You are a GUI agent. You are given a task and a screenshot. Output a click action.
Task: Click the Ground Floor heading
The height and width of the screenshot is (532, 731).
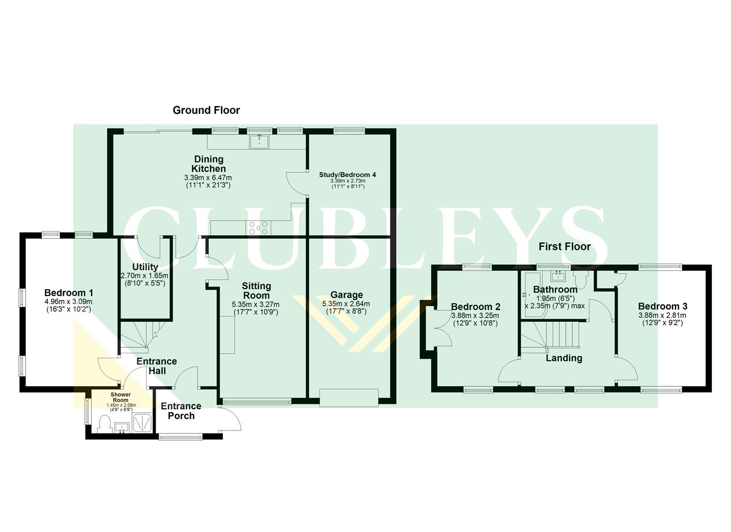[x=206, y=110]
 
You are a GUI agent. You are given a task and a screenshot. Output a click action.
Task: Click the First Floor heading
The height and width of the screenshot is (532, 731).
[x=564, y=246]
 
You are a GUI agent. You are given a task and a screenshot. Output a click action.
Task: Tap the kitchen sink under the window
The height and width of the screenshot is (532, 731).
[x=259, y=141]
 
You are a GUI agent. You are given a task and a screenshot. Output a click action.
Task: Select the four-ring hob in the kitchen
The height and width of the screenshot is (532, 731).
[x=259, y=228]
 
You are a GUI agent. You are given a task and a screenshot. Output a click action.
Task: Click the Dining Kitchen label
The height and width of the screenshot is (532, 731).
[x=209, y=164]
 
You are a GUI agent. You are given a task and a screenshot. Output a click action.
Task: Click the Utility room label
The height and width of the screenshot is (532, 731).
[x=145, y=267]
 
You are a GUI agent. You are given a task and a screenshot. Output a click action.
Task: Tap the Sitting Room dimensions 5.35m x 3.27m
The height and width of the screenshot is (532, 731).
[x=255, y=304]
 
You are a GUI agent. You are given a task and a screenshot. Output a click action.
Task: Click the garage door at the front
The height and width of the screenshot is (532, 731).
[x=349, y=398]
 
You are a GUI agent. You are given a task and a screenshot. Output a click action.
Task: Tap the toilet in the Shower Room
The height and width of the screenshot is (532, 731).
[x=105, y=424]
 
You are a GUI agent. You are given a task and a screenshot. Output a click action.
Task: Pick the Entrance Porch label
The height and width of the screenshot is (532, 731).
[x=181, y=411]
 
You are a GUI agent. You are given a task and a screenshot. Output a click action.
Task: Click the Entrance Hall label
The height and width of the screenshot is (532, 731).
[x=157, y=366]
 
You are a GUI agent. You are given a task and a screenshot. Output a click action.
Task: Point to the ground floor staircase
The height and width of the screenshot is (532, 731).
[x=140, y=335]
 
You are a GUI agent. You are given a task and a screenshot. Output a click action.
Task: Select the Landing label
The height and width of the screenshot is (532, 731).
[x=564, y=358]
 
